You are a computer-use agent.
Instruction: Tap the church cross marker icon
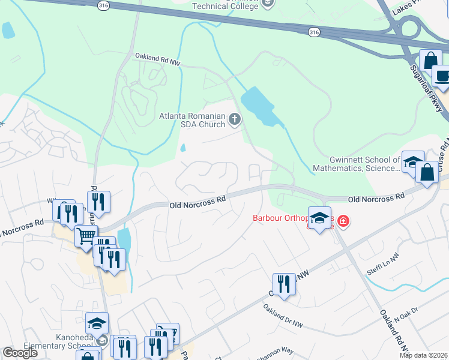(234, 120)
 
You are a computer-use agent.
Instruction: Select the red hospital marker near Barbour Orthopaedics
(343, 221)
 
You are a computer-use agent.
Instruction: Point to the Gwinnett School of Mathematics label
(365, 164)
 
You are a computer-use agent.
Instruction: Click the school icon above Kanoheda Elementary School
(97, 324)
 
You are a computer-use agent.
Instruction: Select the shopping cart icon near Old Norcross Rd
(86, 236)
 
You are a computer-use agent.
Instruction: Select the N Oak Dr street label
(406, 317)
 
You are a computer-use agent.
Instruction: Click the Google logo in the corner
(20, 353)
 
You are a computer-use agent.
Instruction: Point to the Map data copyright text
(423, 355)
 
